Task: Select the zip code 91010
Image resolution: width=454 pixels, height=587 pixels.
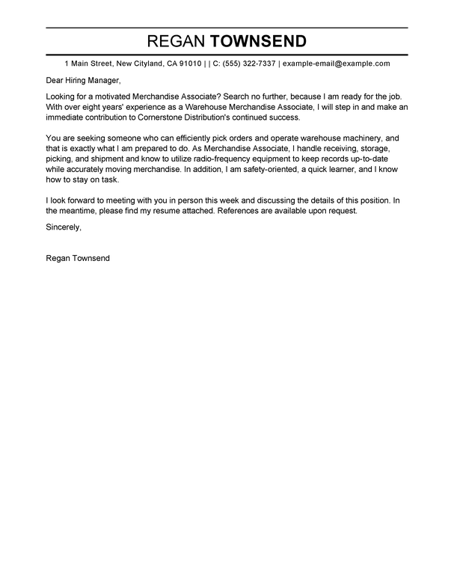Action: [x=188, y=64]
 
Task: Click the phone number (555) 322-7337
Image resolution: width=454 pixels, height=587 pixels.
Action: [x=251, y=64]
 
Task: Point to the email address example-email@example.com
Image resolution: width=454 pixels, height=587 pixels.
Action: [x=337, y=64]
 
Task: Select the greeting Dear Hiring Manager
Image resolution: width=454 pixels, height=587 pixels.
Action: [x=82, y=81]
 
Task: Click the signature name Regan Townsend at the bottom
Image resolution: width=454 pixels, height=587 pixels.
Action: [x=78, y=259]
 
